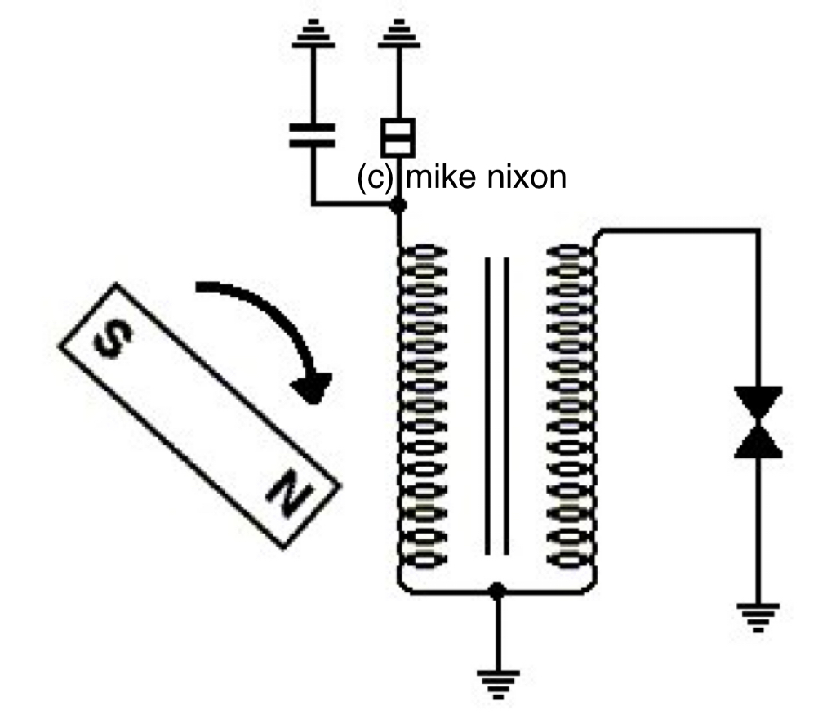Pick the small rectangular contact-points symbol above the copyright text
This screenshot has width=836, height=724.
click(399, 137)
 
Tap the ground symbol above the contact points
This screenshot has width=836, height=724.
click(399, 36)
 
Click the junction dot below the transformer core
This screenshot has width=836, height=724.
click(495, 590)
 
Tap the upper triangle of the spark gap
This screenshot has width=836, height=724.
click(758, 403)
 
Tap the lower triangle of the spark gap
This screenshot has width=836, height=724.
click(758, 442)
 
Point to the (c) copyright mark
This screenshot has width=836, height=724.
click(376, 177)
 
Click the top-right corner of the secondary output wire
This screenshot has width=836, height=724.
click(758, 231)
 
